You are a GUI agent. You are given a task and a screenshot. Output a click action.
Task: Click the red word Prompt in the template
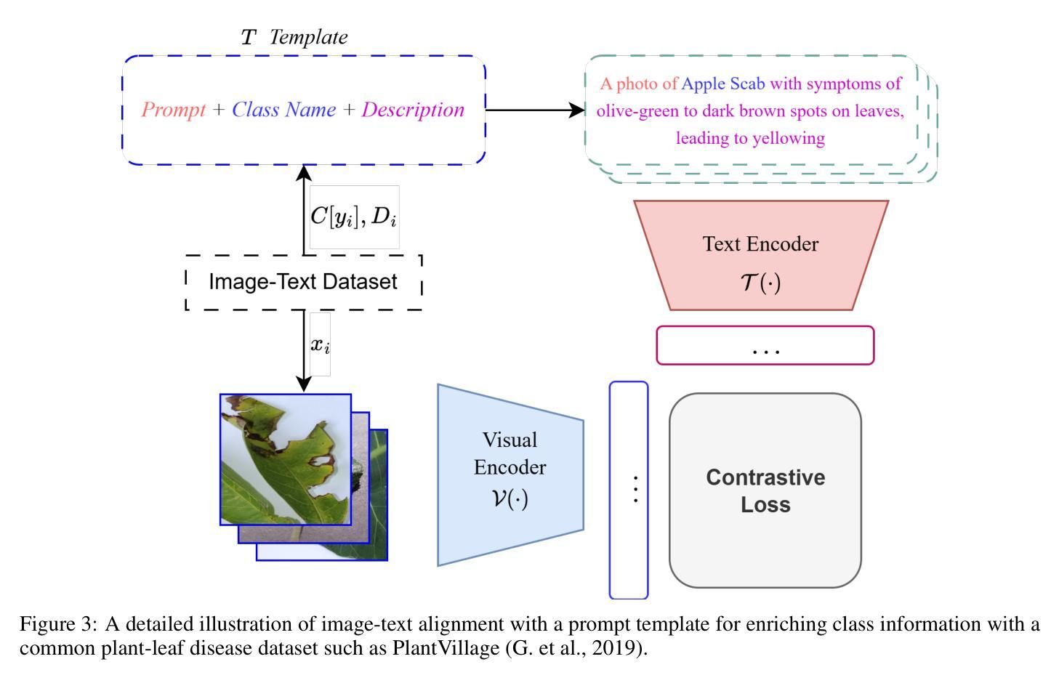click(174, 110)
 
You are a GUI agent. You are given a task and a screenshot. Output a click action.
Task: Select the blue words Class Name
click(283, 110)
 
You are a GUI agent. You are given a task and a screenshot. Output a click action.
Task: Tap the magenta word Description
click(413, 110)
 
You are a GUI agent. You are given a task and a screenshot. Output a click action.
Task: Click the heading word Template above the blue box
click(308, 37)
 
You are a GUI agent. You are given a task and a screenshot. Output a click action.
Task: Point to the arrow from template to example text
click(535, 110)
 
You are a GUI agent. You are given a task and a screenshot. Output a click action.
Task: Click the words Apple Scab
click(723, 84)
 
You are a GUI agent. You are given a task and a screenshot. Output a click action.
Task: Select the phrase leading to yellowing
click(750, 138)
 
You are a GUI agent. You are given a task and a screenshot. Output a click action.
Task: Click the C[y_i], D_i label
click(354, 217)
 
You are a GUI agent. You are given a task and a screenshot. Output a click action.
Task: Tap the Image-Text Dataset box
click(304, 282)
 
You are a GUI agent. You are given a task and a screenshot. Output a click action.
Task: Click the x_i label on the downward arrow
click(320, 344)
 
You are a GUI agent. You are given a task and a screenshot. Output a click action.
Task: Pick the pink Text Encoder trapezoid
click(761, 255)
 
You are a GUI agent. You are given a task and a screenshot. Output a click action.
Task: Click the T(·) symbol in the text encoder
click(761, 283)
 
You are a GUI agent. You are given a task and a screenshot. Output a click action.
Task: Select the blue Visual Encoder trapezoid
click(510, 475)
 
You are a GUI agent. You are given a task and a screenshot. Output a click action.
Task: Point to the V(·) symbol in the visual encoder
click(510, 498)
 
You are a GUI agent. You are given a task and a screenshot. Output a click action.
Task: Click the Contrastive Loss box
click(765, 490)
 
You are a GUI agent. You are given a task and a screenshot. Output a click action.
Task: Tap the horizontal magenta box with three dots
click(765, 345)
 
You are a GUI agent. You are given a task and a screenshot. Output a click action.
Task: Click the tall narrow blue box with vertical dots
click(629, 490)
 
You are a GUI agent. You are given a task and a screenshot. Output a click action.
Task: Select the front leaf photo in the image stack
click(286, 459)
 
